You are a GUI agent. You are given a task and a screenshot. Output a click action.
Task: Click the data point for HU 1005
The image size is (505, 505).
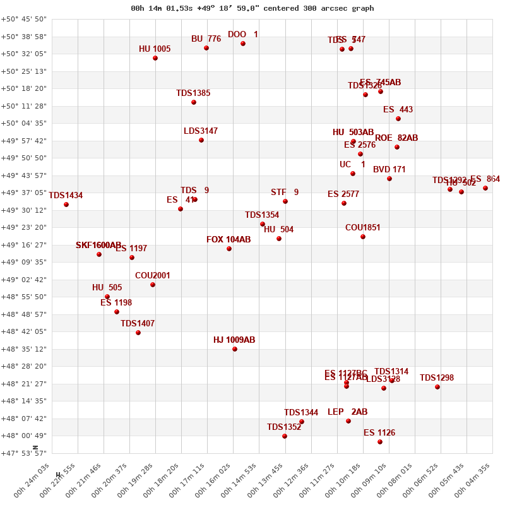(155, 58)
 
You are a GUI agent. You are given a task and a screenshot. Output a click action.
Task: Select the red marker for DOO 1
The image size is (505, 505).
(243, 44)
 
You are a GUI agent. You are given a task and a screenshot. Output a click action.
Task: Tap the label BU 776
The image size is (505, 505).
(206, 39)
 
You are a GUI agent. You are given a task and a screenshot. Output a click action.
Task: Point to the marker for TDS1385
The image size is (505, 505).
(194, 102)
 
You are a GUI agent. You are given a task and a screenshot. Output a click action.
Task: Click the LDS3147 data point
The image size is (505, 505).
(201, 140)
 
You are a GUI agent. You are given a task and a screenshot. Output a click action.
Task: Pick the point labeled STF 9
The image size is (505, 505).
(285, 201)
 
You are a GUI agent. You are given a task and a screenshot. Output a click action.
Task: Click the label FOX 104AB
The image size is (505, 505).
(229, 239)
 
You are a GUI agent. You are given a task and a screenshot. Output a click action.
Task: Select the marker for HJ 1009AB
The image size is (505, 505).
(235, 349)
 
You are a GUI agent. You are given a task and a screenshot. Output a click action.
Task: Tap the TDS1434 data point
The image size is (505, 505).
(66, 205)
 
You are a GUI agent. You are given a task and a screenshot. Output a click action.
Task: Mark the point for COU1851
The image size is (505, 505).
(363, 237)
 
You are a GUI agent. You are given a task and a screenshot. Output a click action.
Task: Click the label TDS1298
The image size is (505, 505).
(437, 377)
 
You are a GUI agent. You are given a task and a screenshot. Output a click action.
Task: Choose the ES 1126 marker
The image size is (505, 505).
(380, 442)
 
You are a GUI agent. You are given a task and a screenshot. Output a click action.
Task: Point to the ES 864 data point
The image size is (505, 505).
(485, 188)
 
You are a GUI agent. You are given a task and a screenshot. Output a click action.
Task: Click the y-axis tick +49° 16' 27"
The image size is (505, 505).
(24, 245)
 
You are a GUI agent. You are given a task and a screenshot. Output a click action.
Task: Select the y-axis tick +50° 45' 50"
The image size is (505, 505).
(24, 19)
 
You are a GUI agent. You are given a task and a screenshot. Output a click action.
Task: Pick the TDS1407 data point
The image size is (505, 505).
(138, 333)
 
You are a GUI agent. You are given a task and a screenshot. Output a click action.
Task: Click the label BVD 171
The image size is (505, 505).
(389, 169)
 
